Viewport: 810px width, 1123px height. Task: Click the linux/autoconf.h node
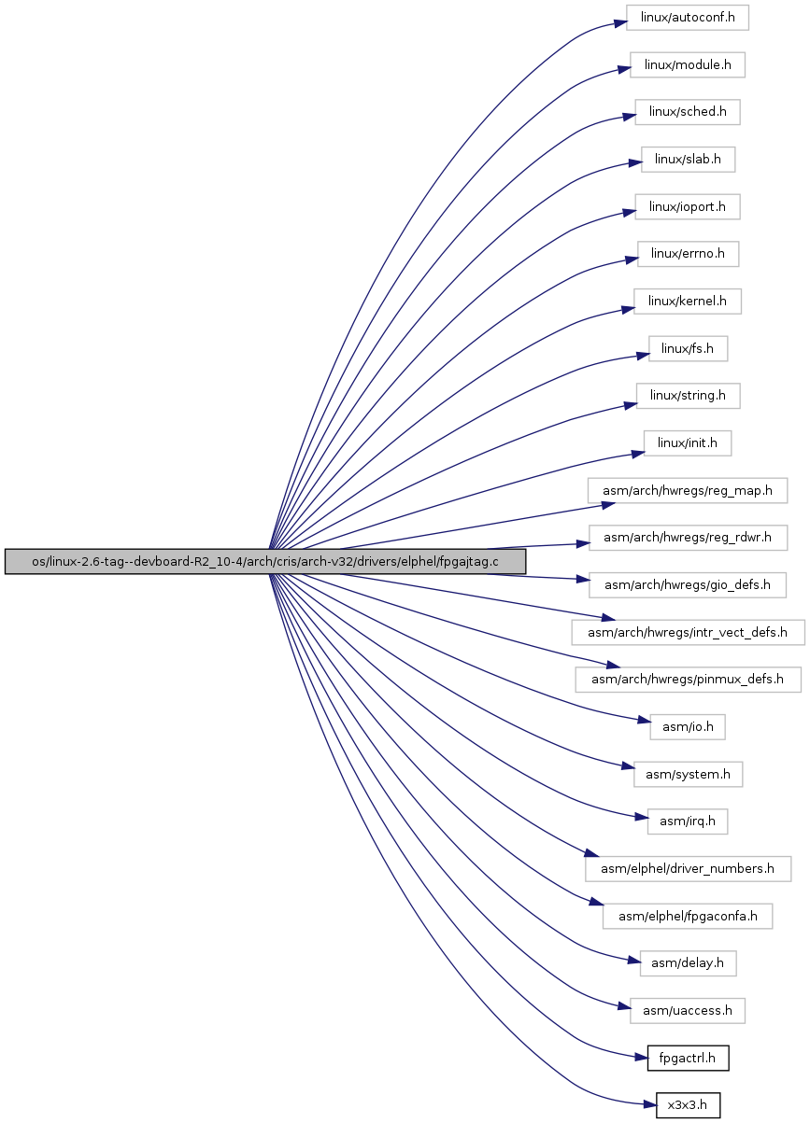pyautogui.click(x=687, y=18)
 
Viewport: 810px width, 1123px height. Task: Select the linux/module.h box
pyautogui.click(x=687, y=64)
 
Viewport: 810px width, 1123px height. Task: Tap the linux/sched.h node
pyautogui.click(x=687, y=112)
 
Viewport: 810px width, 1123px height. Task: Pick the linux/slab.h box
pyautogui.click(x=688, y=160)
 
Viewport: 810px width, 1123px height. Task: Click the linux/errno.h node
pyautogui.click(x=688, y=254)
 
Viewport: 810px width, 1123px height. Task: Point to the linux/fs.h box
pyautogui.click(x=688, y=348)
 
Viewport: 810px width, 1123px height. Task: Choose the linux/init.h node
pyautogui.click(x=687, y=443)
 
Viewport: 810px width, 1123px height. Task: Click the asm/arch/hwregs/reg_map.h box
pyautogui.click(x=687, y=490)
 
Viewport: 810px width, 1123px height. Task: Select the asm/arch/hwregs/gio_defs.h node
pyautogui.click(x=687, y=585)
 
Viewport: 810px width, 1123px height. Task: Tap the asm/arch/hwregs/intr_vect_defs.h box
pyautogui.click(x=688, y=632)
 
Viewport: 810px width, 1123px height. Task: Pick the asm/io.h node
pyautogui.click(x=687, y=727)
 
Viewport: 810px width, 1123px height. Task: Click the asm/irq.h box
pyautogui.click(x=687, y=821)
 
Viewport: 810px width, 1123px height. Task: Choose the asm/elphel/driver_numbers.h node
pyautogui.click(x=688, y=869)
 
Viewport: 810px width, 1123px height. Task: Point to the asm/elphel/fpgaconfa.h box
pyautogui.click(x=687, y=916)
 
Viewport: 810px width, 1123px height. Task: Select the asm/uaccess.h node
pyautogui.click(x=687, y=1011)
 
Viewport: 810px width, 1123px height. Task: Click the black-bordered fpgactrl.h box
pyautogui.click(x=688, y=1058)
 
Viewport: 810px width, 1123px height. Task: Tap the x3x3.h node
pyautogui.click(x=688, y=1105)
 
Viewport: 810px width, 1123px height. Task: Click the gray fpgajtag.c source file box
pyautogui.click(x=265, y=562)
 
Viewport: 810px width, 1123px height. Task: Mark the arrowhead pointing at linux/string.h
pyautogui.click(x=631, y=404)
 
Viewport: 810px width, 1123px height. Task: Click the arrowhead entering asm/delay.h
pyautogui.click(x=634, y=961)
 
